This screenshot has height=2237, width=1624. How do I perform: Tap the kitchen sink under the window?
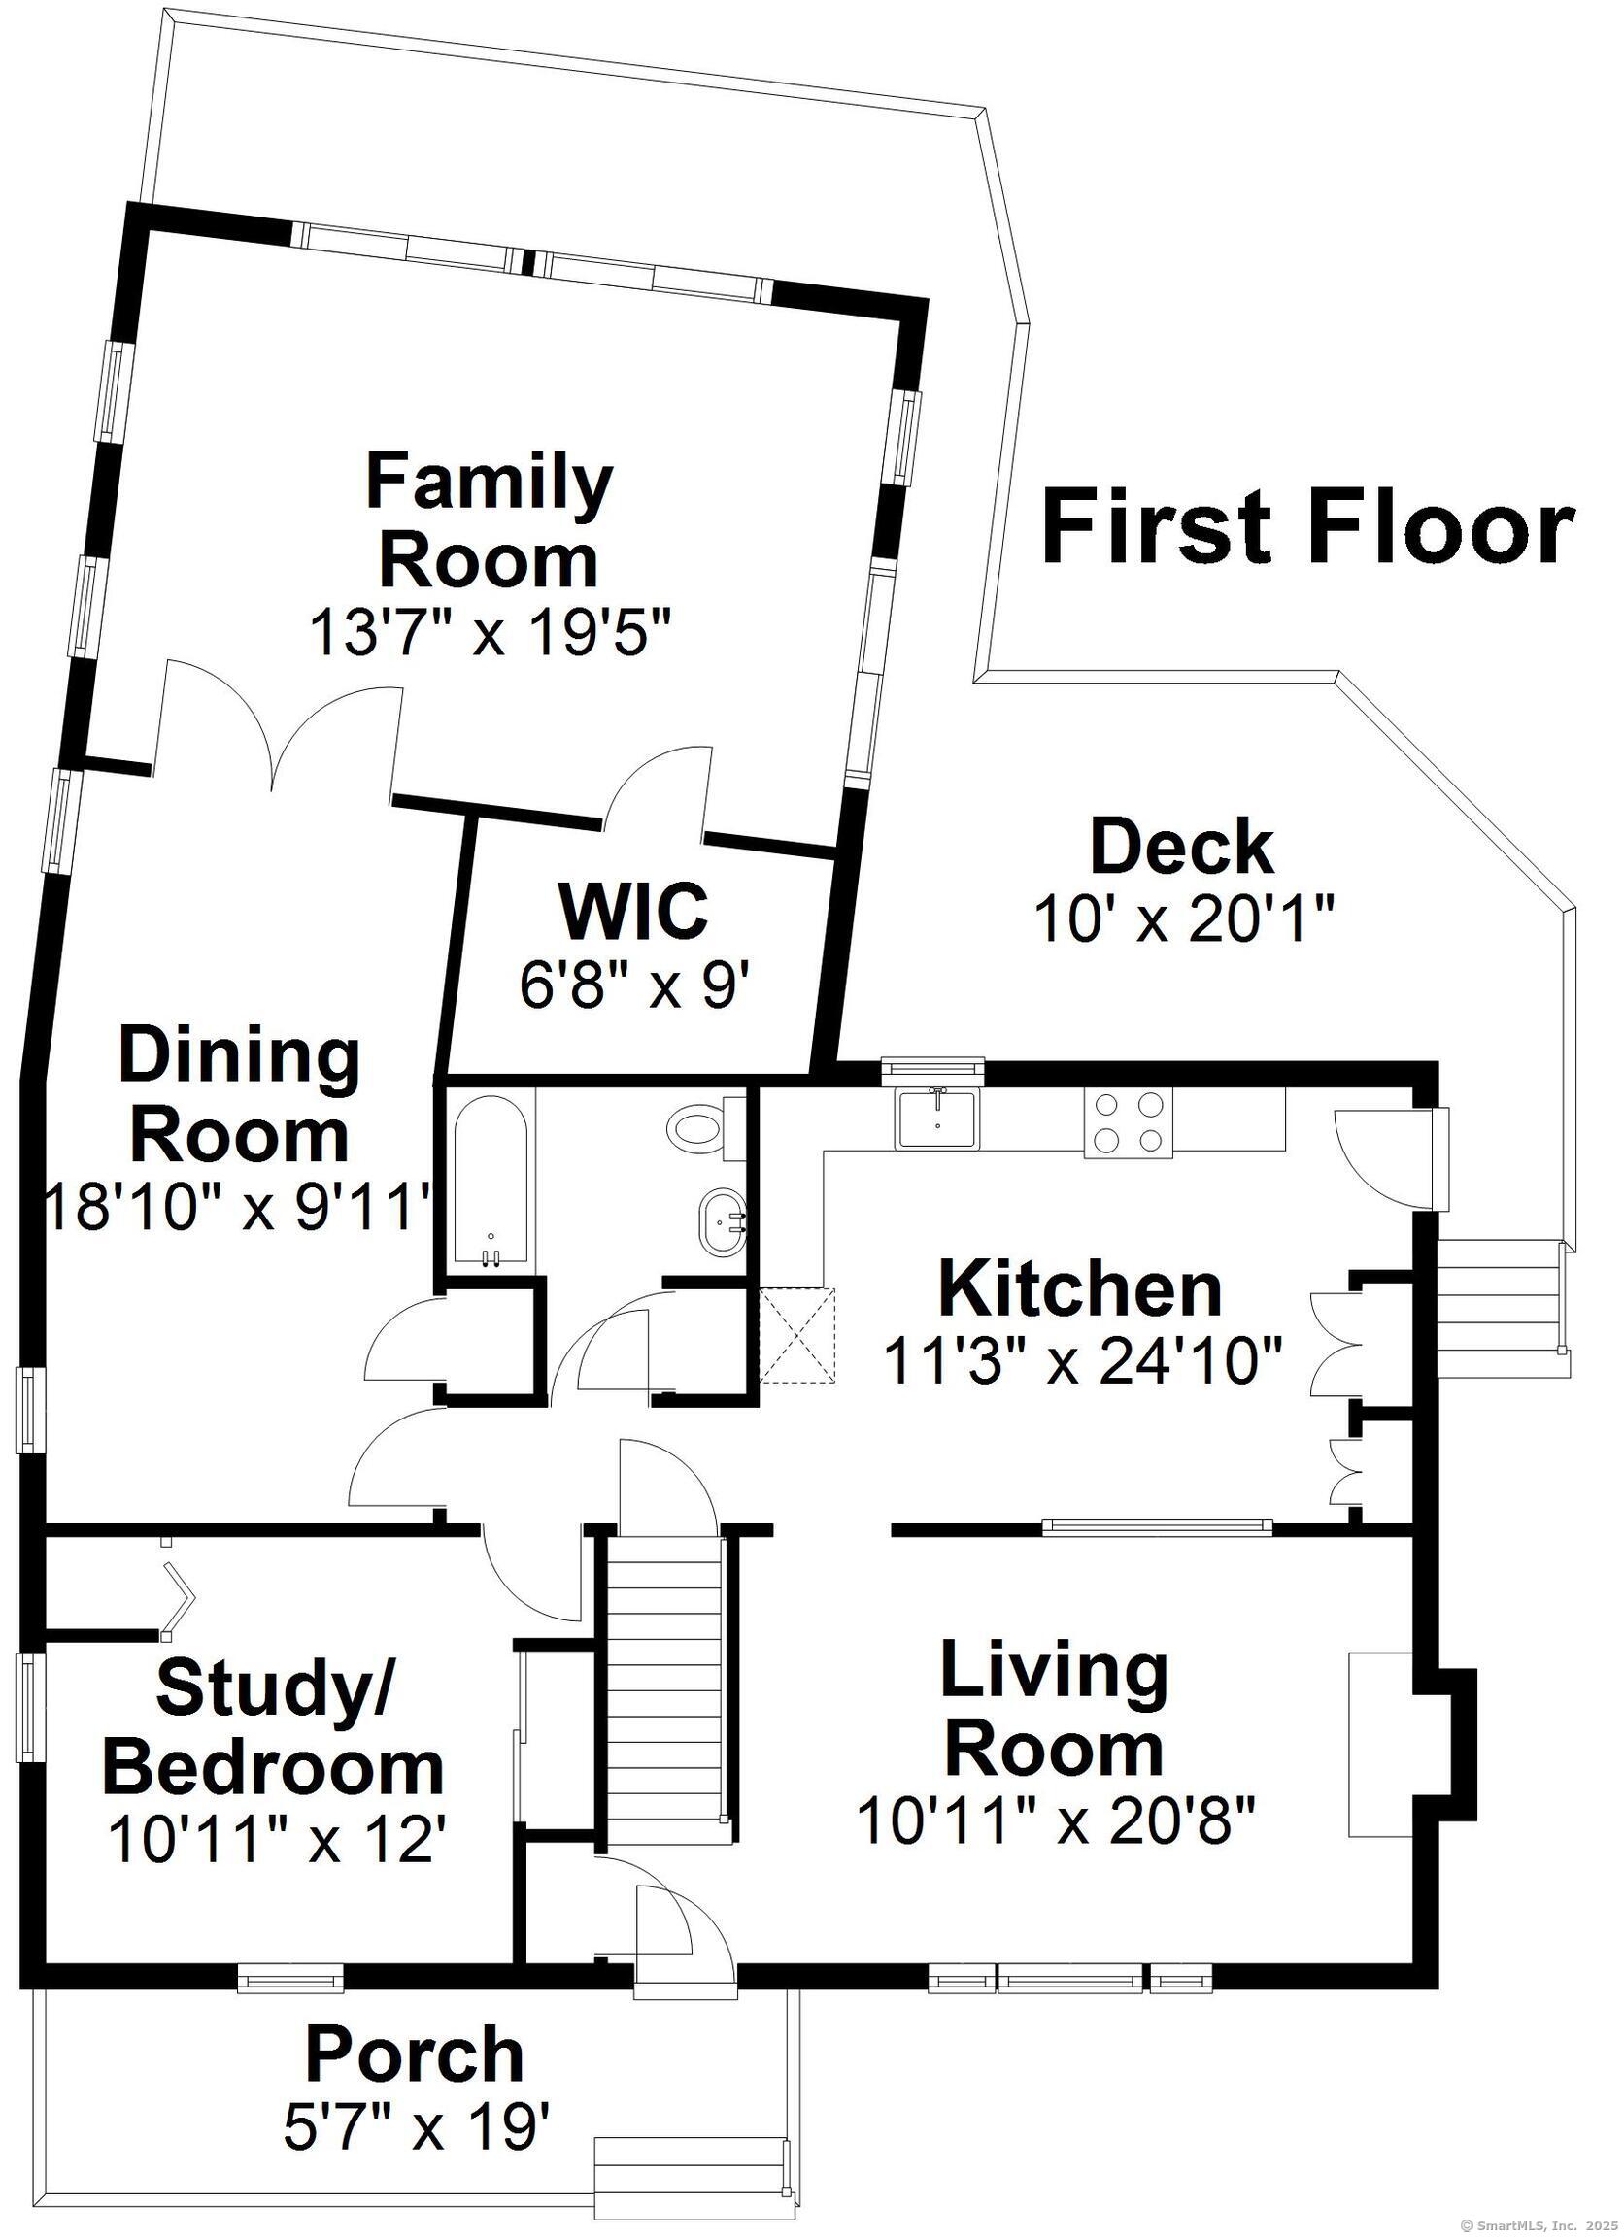[936, 1119]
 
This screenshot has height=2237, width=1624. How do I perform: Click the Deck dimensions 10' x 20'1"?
[1183, 920]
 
